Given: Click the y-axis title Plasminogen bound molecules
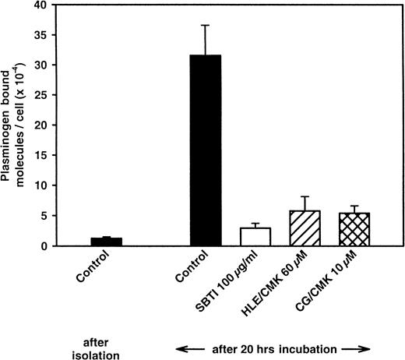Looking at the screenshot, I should pos(15,125).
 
